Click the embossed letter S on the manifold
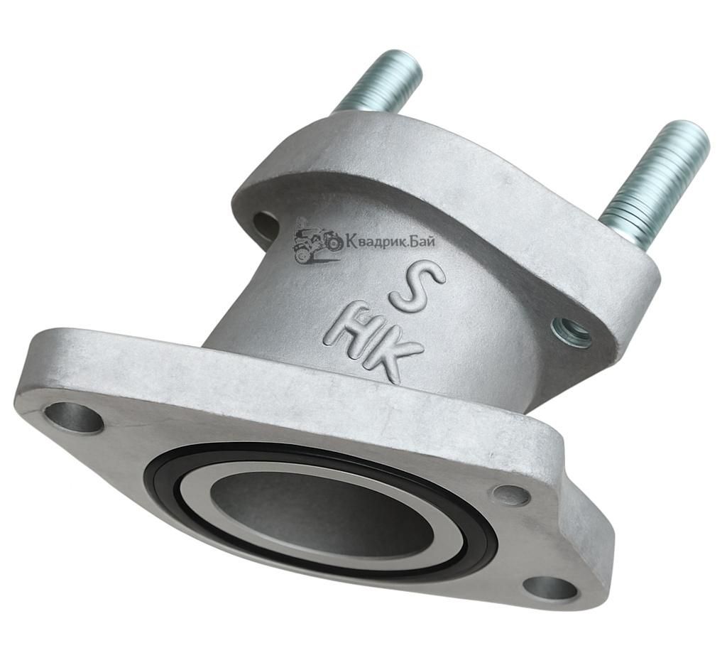[x=416, y=289]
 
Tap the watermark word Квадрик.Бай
[x=390, y=241]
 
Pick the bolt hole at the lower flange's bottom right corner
[x=552, y=589]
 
